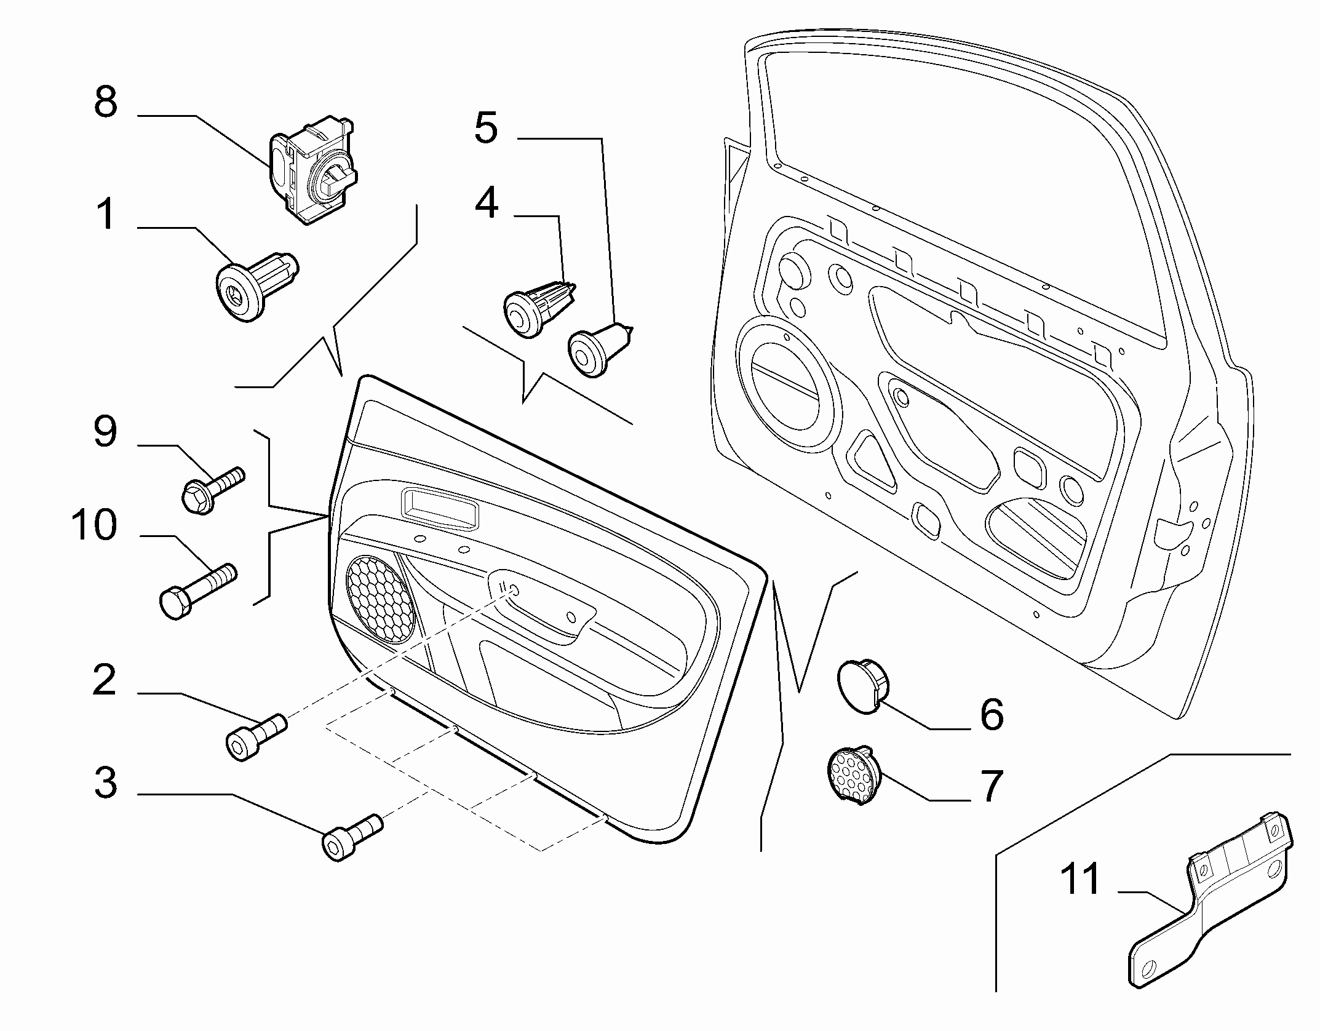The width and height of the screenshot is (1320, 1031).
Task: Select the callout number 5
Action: pos(486,129)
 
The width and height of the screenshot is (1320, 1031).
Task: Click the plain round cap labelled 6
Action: pos(864,686)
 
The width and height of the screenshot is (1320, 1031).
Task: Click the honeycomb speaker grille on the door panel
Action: pos(381,599)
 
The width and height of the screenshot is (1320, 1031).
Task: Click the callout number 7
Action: pos(990,787)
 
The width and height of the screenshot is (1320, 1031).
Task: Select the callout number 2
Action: pos(105,680)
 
